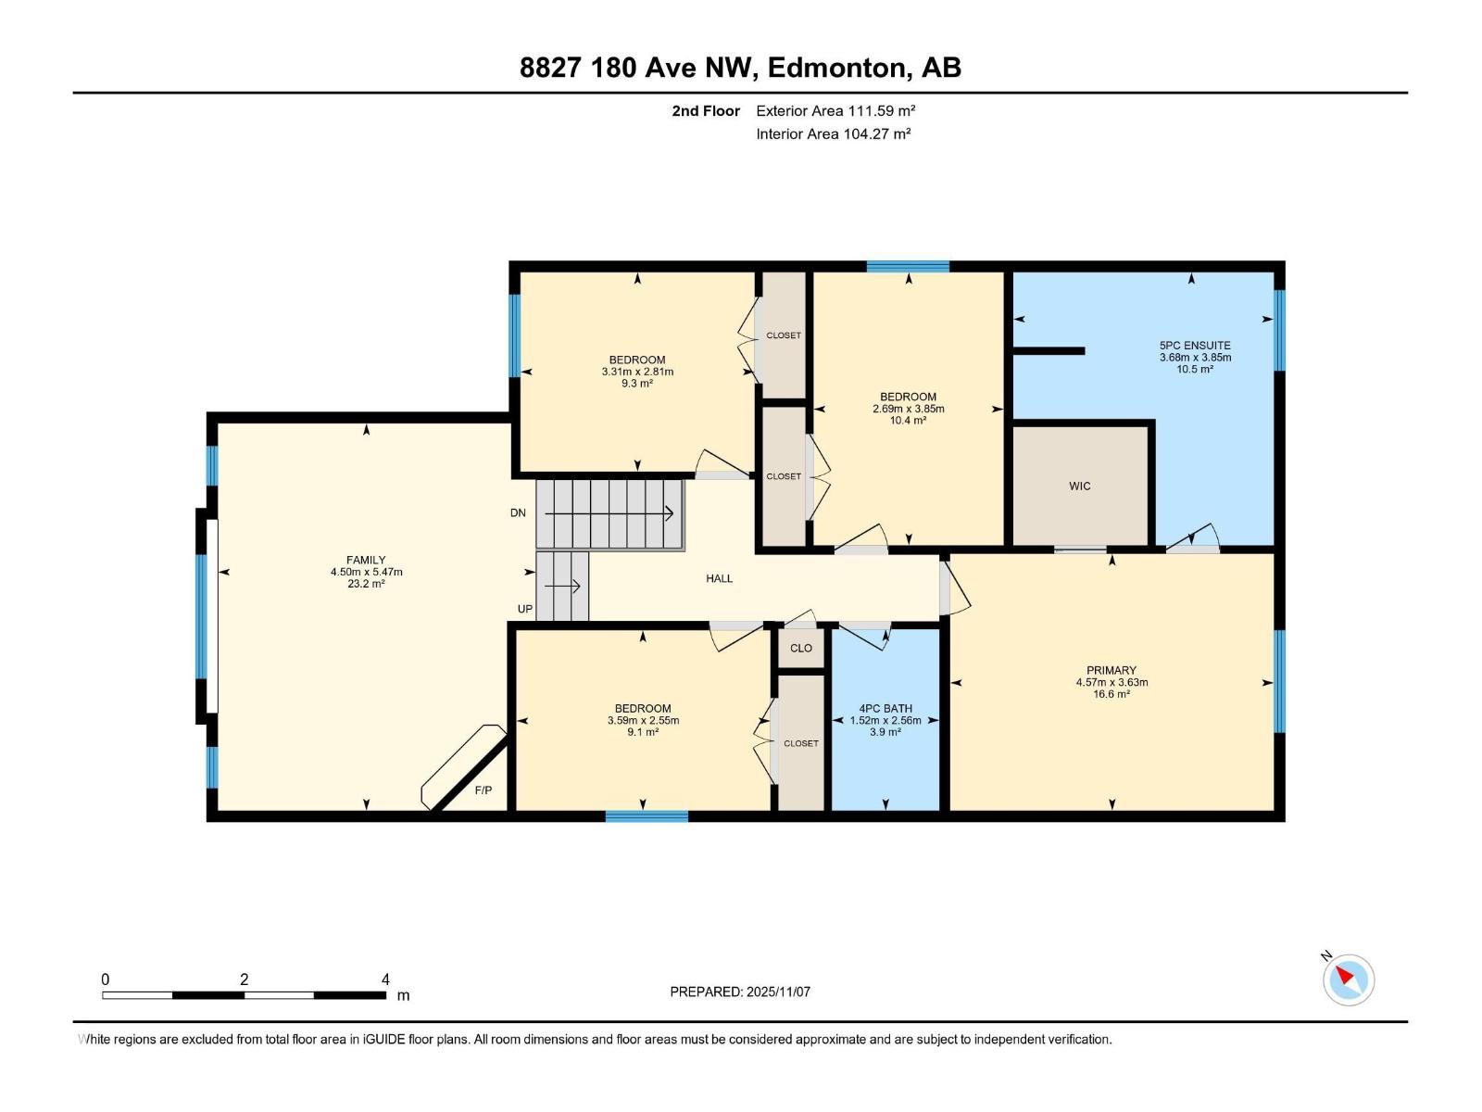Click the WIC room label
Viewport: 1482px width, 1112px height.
point(1079,486)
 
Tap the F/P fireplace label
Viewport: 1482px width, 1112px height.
point(484,790)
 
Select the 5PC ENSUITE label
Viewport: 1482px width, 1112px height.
point(1195,345)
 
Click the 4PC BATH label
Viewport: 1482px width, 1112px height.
point(885,708)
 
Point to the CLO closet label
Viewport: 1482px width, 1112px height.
point(801,648)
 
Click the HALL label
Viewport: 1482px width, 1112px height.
point(719,578)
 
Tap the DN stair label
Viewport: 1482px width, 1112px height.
point(518,512)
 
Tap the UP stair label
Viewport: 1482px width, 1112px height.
point(524,609)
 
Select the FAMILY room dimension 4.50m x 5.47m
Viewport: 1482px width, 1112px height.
point(366,572)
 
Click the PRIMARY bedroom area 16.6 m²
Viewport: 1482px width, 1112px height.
point(1111,694)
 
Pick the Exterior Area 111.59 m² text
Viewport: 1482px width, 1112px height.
point(835,111)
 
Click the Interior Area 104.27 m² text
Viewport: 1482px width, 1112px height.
point(833,133)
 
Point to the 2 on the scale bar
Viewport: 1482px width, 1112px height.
point(244,979)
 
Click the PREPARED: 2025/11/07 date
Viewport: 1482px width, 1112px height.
point(740,992)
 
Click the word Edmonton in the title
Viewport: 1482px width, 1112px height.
point(835,68)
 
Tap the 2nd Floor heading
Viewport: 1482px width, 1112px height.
point(706,111)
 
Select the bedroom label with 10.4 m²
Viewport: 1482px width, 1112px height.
point(908,397)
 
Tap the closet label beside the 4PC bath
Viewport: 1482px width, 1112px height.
point(801,743)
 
